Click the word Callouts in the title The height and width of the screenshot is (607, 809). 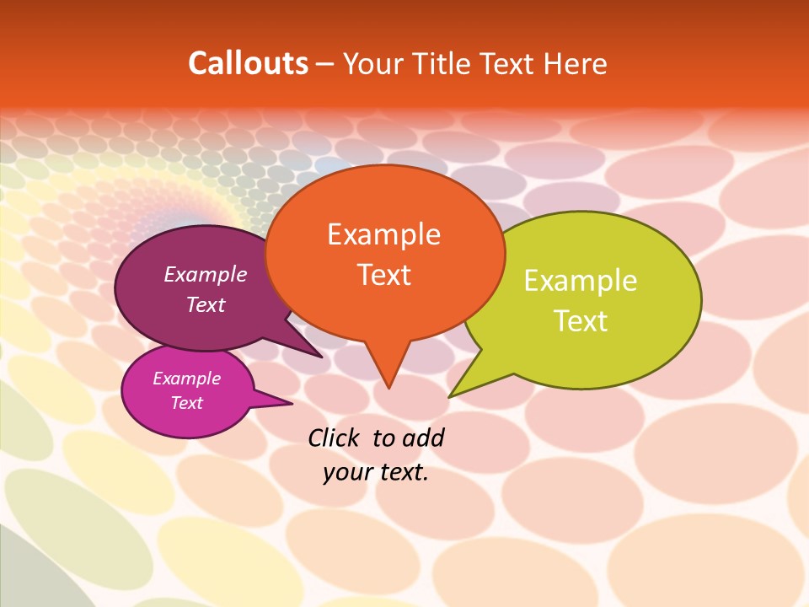click(x=248, y=63)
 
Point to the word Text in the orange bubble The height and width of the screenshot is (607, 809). click(x=383, y=274)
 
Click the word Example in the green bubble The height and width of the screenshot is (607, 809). click(x=580, y=281)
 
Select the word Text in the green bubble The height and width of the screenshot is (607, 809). click(x=580, y=321)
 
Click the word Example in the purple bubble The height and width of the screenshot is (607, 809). click(x=205, y=274)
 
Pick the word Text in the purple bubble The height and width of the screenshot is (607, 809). click(x=205, y=304)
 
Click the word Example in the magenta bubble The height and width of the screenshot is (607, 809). click(x=186, y=379)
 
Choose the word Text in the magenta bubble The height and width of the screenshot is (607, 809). click(x=186, y=403)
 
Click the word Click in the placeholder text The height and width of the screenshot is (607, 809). click(x=333, y=438)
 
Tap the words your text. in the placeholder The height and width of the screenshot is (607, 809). click(x=376, y=472)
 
